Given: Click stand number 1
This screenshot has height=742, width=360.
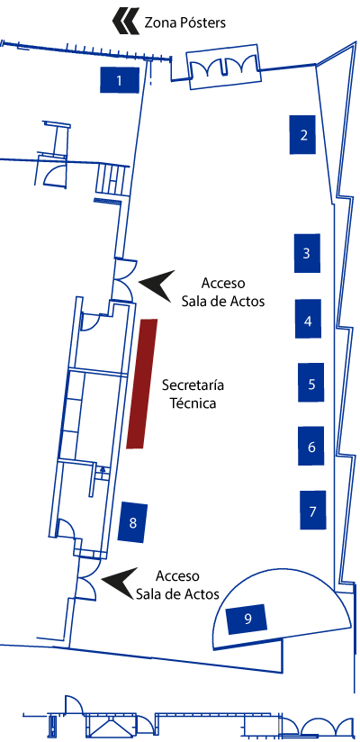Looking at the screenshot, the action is [x=119, y=80].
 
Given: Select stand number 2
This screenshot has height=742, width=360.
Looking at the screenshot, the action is [x=302, y=134].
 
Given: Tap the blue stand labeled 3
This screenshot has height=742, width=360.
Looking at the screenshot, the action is [x=307, y=253].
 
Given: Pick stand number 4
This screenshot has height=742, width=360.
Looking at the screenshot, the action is [x=308, y=319].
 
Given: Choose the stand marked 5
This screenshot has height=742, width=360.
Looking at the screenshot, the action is [x=311, y=383].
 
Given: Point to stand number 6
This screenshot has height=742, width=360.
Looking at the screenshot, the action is [x=311, y=446].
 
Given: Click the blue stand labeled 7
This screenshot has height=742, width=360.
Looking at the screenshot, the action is [x=312, y=510].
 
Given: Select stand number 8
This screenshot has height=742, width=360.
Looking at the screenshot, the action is [x=133, y=522].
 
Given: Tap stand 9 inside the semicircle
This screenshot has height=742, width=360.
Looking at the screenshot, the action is [x=247, y=619].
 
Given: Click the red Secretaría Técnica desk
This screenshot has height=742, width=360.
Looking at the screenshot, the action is [x=142, y=384].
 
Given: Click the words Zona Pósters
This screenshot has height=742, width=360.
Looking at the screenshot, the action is [x=185, y=23].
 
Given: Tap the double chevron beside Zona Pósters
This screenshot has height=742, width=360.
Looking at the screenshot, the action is [x=126, y=22].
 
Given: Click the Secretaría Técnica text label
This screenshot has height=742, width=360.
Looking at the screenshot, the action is [x=193, y=394].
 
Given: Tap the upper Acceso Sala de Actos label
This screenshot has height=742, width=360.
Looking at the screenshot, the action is [x=223, y=293].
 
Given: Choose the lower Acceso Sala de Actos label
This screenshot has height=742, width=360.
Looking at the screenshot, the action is [x=178, y=585].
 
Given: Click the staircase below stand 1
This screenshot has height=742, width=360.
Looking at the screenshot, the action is [x=112, y=179].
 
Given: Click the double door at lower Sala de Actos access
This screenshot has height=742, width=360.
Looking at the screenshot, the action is [x=88, y=579].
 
